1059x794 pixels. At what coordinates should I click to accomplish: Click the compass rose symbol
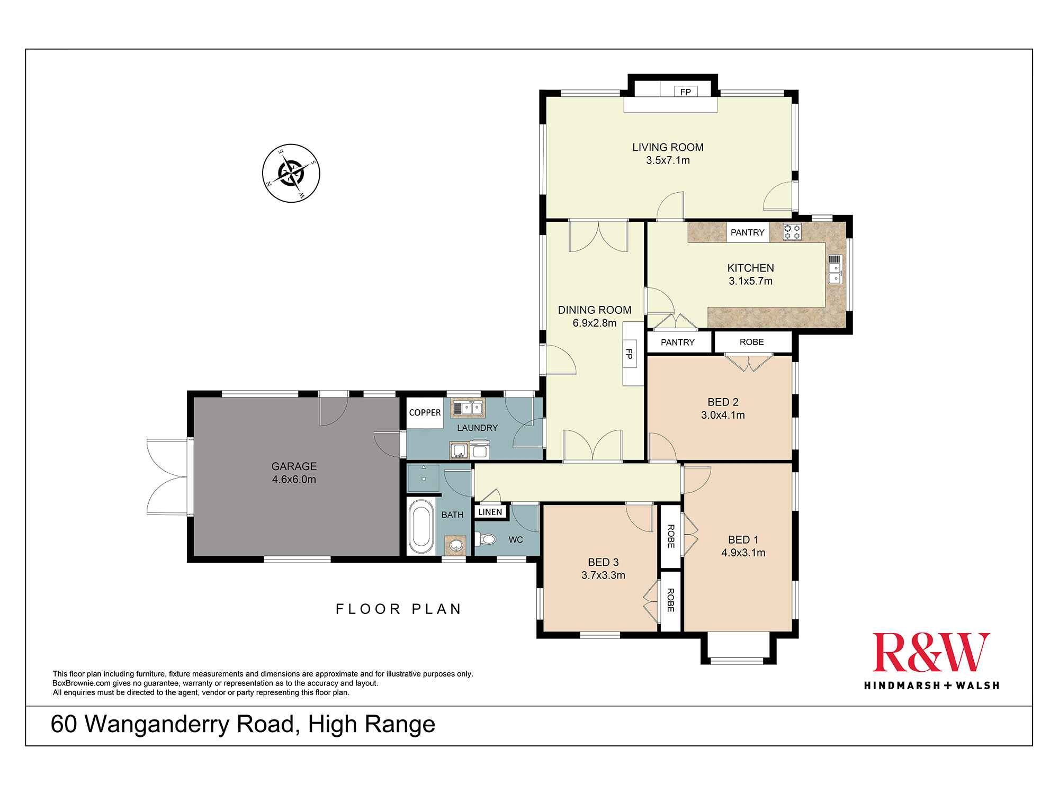[x=291, y=173]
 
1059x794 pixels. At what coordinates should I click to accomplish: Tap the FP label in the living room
[x=685, y=92]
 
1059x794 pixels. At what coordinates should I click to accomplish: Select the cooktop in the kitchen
[x=792, y=231]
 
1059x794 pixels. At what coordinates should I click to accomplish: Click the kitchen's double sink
[x=834, y=269]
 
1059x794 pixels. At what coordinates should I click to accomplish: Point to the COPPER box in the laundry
[x=425, y=412]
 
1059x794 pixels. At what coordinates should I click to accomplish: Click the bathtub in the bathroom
[x=421, y=527]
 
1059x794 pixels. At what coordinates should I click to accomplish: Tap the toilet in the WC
[x=486, y=539]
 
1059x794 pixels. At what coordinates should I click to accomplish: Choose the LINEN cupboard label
[x=490, y=512]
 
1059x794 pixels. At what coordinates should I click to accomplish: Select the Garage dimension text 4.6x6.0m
[x=294, y=480]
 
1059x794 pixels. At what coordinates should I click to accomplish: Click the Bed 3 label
[x=603, y=562]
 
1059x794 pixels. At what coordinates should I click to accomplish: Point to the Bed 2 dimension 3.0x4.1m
[x=723, y=416]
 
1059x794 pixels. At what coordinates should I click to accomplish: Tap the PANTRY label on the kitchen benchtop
[x=747, y=232]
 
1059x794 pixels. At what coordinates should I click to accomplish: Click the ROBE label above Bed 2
[x=751, y=342]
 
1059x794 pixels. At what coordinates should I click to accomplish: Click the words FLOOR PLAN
[x=399, y=609]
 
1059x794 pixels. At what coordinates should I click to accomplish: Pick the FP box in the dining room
[x=630, y=354]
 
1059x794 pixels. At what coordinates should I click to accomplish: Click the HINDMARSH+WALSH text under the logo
[x=931, y=685]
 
